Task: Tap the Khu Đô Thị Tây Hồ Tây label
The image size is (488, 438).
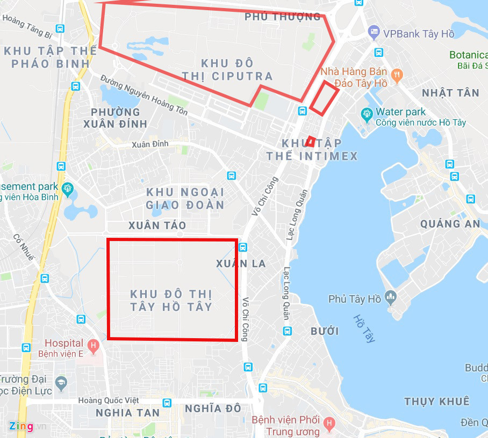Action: tap(171, 301)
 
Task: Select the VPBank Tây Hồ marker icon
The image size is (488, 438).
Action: tap(374, 33)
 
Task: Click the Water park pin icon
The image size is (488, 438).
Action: tap(367, 114)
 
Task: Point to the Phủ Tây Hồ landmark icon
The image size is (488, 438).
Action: tap(390, 297)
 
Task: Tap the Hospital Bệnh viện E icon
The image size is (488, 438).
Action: tap(93, 345)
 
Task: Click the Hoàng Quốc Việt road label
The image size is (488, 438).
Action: tap(108, 400)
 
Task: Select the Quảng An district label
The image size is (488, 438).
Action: tap(450, 224)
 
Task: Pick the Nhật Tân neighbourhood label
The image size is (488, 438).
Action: tap(450, 93)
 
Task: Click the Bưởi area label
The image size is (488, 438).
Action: tap(325, 331)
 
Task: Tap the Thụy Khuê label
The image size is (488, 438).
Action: tap(437, 401)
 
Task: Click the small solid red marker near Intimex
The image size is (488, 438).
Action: tap(310, 142)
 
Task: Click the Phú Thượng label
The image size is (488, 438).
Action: tap(282, 17)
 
